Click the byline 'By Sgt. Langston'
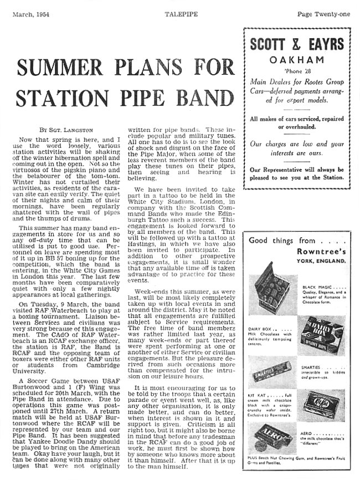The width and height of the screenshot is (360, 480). pos(52,130)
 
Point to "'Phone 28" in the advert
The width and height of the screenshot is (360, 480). pos(297,72)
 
